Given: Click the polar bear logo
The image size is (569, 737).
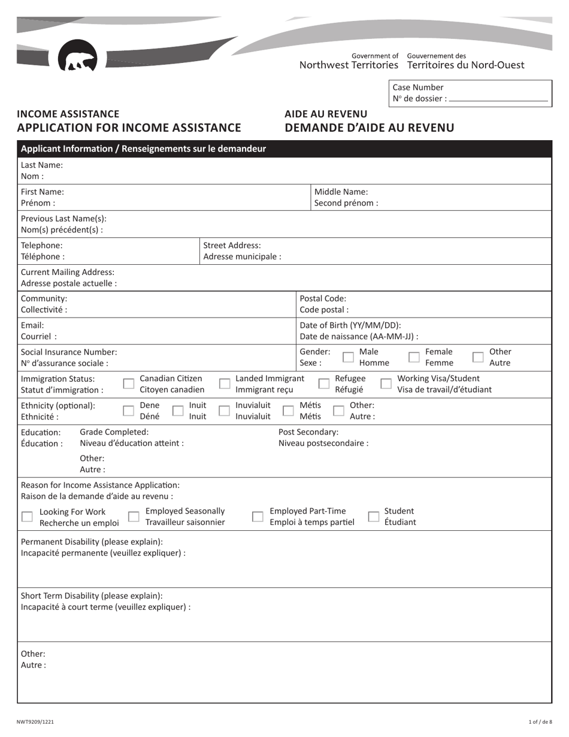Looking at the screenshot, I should (77, 56).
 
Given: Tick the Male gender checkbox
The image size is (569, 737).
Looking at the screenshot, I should (348, 357).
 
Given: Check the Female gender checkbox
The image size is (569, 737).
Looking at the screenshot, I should (414, 357).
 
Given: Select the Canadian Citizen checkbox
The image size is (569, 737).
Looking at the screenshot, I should (128, 384).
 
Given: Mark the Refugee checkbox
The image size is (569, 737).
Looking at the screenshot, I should (323, 384).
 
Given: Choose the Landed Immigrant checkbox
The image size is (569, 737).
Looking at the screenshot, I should (224, 384).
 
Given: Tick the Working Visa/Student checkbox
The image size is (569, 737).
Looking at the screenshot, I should (386, 384).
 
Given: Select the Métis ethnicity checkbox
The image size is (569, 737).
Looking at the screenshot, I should (288, 410).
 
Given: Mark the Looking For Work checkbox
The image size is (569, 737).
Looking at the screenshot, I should (27, 516).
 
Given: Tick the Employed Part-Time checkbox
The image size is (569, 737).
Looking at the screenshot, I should (257, 516).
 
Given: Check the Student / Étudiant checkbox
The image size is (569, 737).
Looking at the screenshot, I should (373, 516).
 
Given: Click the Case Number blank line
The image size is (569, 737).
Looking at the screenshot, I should (498, 99).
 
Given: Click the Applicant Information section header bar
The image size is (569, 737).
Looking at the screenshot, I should (284, 149).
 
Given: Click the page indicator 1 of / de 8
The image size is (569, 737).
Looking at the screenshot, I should (540, 722).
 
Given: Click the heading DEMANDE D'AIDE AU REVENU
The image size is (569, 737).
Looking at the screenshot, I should (369, 128).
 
